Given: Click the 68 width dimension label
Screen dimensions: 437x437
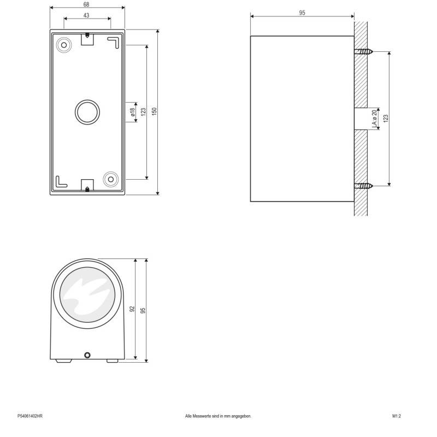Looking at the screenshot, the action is pos(86,4).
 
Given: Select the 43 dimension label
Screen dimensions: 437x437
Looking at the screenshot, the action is pos(86,15).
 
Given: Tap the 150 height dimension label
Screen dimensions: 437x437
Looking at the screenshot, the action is pos(155,111).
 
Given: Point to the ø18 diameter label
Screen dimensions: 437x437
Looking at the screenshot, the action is pos(132,112).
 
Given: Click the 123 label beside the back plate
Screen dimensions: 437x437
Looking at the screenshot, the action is pos(143,112).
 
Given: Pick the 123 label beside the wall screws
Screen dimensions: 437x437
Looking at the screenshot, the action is pos(386,119).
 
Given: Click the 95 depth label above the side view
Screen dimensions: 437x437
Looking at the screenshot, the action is pos(302,13).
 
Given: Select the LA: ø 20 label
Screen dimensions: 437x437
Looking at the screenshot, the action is pos(375,119).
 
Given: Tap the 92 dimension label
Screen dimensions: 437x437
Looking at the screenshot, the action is pos(132,309).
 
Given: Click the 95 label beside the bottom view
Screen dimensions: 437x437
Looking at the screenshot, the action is pos(143,310).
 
